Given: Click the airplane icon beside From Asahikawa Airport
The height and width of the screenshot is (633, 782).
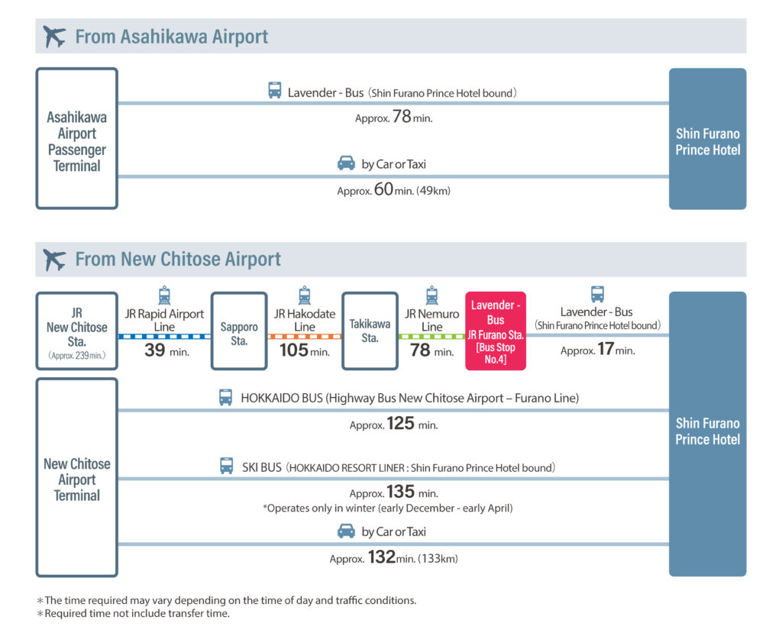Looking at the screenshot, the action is pos(54,37).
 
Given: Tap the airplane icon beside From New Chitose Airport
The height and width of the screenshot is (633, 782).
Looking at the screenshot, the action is pos(54,260).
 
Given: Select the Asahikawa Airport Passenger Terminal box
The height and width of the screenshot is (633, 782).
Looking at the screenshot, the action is pos(77,139).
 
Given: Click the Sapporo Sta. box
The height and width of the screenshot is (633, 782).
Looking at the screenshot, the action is pos(239,331).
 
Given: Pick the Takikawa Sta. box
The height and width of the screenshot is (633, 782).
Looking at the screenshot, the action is pos(370,331).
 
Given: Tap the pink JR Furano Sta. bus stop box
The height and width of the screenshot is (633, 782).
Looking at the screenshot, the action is pos(495,331).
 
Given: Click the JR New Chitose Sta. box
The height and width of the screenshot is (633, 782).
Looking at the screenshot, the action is pos(77,331).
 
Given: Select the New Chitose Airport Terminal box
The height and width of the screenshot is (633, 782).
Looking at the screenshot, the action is pos(77,477).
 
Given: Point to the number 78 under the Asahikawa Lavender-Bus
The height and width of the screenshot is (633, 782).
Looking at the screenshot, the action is pos(402,117).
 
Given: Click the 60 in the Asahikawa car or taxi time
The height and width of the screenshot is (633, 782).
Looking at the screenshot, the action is pos(383,189).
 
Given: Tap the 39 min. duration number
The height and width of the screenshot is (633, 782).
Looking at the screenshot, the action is pos(154,350).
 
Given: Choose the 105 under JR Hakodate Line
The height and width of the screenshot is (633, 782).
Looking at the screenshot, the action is pos(294,350).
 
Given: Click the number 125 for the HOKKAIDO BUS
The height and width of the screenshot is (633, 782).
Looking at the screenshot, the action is pos(400,424).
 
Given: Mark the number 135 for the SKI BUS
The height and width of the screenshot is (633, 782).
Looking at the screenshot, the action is pos(400,492).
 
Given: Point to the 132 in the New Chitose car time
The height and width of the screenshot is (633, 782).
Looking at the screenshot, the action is pos(382,557).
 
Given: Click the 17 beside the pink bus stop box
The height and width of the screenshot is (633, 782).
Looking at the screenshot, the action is pos(606,349).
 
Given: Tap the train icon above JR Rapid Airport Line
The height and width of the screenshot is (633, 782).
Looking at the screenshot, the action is pos(164,296).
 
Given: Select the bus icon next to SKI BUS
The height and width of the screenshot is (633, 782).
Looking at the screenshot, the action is pos(226,466).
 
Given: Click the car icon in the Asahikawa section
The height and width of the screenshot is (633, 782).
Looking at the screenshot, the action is pos(346,163).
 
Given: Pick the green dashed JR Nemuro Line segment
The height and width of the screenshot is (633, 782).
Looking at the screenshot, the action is pos(432,336).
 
